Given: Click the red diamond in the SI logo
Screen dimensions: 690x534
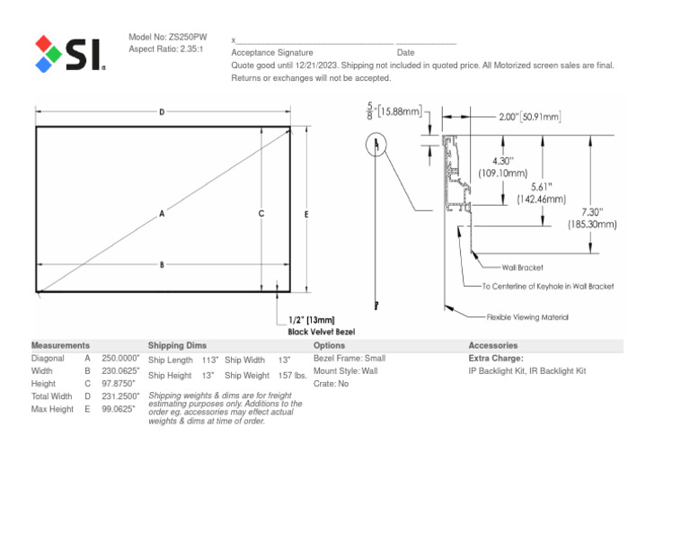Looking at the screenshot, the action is (43, 43).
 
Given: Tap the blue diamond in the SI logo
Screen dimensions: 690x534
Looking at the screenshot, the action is (43, 65).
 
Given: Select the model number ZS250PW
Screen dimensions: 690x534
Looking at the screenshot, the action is (188, 37).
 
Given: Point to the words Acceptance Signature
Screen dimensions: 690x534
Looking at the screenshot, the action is (272, 52).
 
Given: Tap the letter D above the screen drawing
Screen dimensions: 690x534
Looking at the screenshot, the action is (162, 112).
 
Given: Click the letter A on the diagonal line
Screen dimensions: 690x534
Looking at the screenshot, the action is (162, 214).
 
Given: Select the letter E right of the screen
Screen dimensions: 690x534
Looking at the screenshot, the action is (306, 214).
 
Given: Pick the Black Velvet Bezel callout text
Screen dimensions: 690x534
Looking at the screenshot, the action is (322, 332).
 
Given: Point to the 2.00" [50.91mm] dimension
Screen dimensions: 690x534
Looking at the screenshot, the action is (530, 117).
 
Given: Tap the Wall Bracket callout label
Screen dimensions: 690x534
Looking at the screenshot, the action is (522, 268).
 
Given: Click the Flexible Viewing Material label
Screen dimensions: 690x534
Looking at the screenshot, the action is (527, 317).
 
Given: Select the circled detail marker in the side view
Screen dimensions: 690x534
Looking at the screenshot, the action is (376, 144).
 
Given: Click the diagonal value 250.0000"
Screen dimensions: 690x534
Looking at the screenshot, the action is (120, 359).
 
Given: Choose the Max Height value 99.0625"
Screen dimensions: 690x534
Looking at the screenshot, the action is (119, 409).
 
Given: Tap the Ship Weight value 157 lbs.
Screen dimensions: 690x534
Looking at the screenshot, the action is (293, 376).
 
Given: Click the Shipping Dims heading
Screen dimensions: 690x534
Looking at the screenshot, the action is (177, 345).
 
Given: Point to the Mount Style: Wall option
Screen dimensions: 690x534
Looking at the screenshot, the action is (345, 371).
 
